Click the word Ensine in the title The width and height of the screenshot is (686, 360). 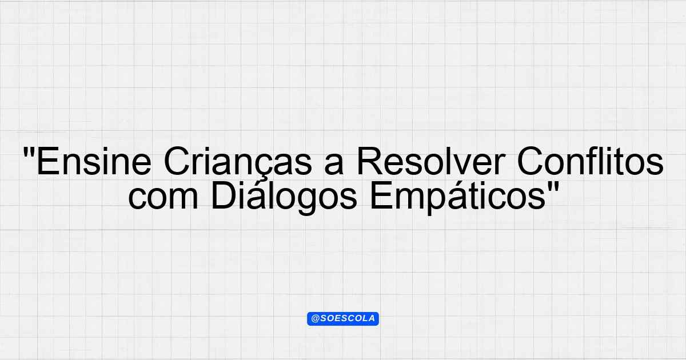(x=94, y=161)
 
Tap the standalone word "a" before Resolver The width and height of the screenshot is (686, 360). (x=334, y=165)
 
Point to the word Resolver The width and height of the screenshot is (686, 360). (x=430, y=161)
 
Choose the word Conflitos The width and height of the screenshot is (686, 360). (x=590, y=161)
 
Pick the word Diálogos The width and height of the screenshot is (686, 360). (x=284, y=198)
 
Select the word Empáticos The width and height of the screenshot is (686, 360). (x=458, y=198)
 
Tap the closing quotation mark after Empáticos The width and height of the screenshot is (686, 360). (x=554, y=186)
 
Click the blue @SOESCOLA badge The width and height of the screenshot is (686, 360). (x=343, y=319)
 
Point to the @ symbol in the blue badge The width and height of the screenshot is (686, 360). (x=316, y=319)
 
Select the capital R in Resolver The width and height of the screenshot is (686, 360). (x=369, y=161)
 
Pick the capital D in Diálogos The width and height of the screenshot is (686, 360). (x=224, y=195)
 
